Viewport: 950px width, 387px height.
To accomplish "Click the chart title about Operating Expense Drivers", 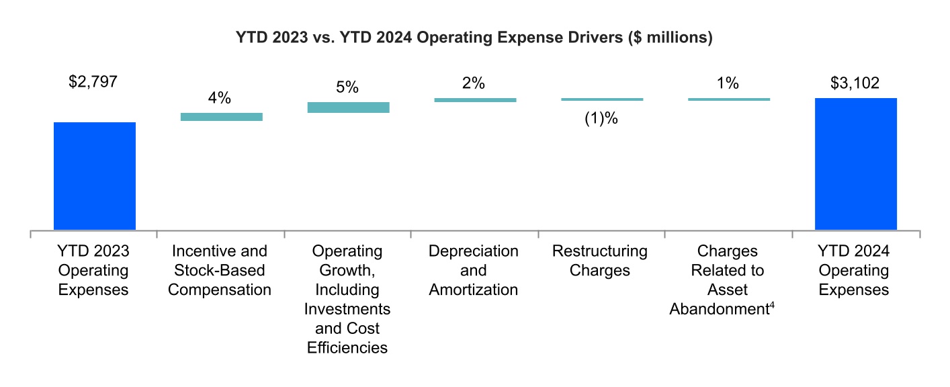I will point(474,38).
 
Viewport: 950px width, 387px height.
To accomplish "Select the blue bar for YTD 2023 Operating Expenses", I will point(94,176).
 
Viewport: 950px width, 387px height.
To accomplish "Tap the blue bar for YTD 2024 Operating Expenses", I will point(855,164).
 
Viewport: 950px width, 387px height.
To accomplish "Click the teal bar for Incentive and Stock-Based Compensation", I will point(221,117).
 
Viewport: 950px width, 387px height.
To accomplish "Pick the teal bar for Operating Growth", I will point(348,107).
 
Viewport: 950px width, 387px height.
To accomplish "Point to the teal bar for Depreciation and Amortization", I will point(475,100).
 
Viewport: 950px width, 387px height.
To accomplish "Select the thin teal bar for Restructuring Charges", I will point(602,99).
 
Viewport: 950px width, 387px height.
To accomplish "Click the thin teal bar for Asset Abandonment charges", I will point(728,99).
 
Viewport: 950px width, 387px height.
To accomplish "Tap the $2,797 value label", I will point(93,83).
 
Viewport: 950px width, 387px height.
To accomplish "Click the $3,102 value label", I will point(855,83).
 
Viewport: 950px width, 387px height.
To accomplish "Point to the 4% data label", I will point(220,98).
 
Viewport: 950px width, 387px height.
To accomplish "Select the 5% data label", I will point(347,87).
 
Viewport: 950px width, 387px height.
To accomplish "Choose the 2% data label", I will point(474,83).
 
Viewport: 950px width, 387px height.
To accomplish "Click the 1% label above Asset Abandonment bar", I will point(728,83).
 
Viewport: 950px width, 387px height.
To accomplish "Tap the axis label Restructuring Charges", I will point(600,261).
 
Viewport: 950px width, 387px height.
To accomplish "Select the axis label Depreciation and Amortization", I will point(474,270).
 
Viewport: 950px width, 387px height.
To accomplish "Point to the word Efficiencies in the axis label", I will point(347,348).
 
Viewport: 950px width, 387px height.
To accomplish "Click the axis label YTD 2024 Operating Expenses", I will point(855,270).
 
